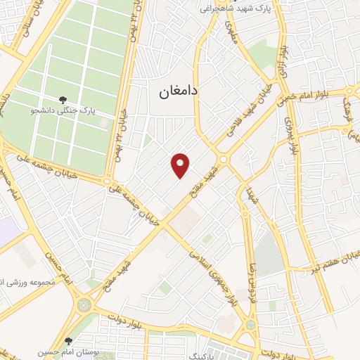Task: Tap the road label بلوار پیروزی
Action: (x=290, y=134)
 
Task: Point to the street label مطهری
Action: (x=231, y=35)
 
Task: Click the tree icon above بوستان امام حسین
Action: (x=68, y=340)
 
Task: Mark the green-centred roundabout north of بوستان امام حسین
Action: (x=84, y=305)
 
